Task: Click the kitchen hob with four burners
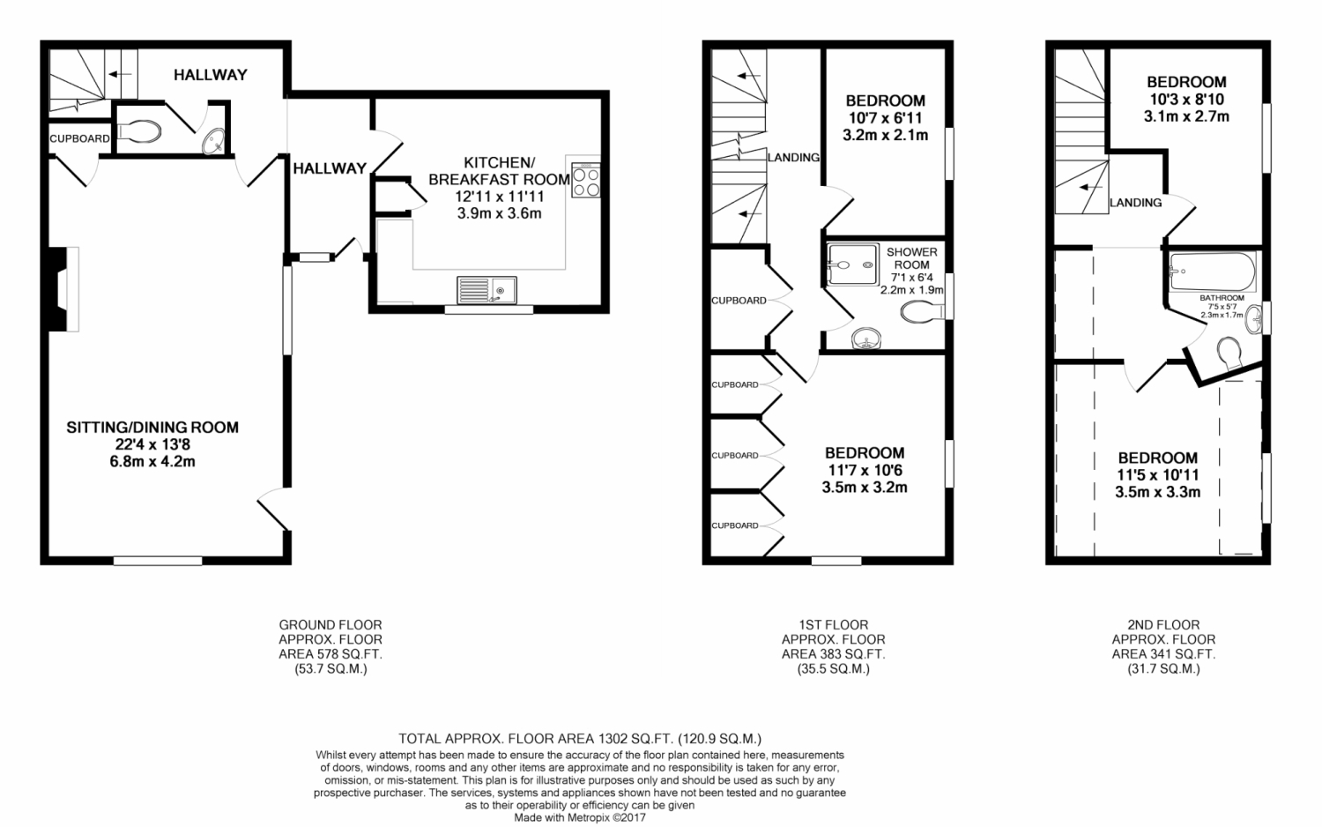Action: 585,180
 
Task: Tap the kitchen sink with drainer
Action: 486,290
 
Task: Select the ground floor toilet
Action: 139,132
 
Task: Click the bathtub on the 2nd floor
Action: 1213,272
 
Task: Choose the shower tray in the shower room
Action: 853,264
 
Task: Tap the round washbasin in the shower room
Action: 866,339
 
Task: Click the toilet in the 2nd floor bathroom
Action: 1229,353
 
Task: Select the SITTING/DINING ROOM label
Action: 152,428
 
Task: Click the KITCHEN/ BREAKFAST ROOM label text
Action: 500,170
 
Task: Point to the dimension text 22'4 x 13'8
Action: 152,444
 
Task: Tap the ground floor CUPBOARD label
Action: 79,138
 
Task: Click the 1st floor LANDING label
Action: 794,158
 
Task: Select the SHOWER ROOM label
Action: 912,258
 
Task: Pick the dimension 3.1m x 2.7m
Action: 1186,116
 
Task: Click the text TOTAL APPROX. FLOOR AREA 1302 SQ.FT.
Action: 536,739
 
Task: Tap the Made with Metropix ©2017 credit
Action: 580,818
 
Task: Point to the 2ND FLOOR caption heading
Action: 1164,624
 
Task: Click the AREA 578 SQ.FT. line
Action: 330,654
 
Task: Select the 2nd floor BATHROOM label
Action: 1222,298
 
